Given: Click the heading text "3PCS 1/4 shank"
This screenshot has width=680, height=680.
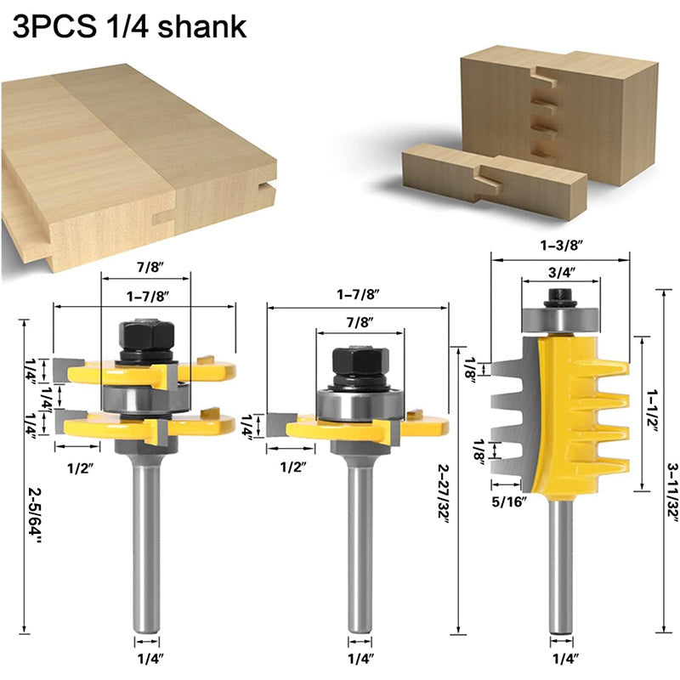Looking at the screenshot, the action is tap(129, 26).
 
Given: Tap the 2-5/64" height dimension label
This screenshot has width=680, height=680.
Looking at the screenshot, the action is tap(36, 515).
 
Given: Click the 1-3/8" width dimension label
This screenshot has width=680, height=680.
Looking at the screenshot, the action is tap(560, 246).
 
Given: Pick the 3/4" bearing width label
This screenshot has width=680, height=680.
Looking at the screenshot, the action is tap(562, 272).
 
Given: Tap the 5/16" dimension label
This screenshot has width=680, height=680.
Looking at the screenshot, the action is tap(509, 502).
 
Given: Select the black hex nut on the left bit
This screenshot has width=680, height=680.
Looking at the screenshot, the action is tap(146, 336).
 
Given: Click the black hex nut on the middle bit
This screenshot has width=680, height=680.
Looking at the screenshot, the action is tap(360, 364).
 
